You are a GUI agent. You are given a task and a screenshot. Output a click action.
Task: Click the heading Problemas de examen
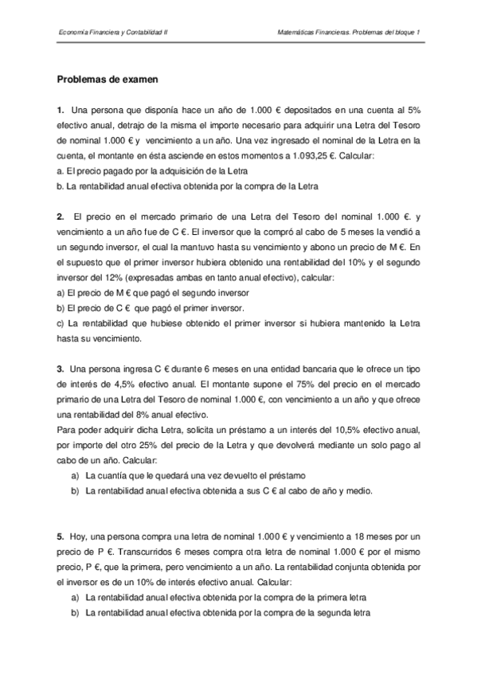coord(108,80)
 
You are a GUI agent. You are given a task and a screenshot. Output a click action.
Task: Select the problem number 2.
coord(60,216)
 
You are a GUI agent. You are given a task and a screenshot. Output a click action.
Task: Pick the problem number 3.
coord(60,369)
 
